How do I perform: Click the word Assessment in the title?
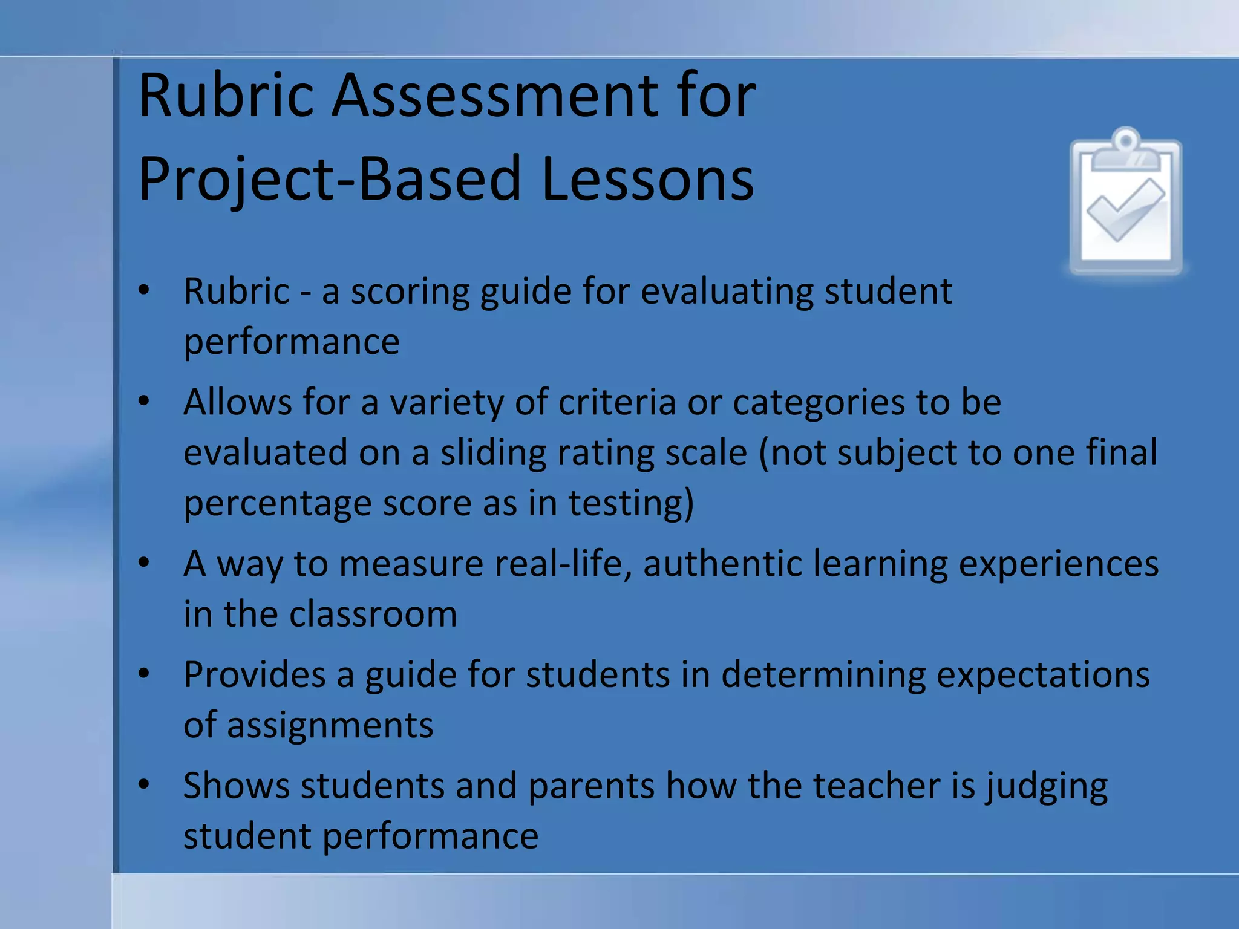494,96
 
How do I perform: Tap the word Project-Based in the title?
330,179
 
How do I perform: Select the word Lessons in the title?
648,179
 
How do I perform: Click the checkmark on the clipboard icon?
1125,209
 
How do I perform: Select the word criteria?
617,402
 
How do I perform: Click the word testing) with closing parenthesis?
631,503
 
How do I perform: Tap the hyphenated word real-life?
563,564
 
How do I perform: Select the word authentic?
722,564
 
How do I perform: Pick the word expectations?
1042,674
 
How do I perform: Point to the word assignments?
330,725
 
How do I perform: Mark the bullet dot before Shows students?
143,784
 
